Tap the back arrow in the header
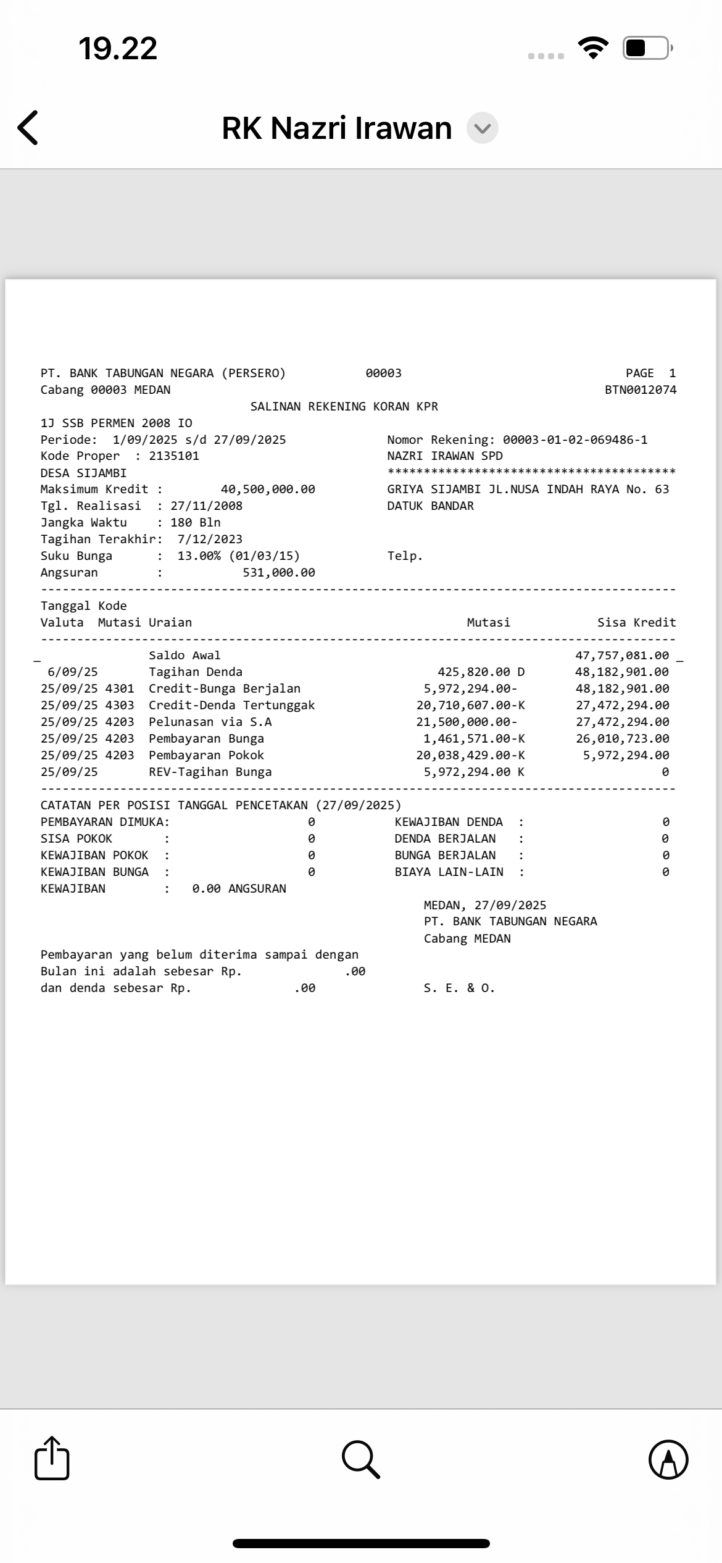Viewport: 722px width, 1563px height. [28, 128]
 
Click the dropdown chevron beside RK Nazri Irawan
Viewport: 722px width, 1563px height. [482, 128]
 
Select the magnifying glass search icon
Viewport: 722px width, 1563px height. [360, 1459]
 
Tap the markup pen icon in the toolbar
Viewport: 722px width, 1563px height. [668, 1459]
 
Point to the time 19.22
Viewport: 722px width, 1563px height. [118, 48]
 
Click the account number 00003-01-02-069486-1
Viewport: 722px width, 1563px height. [575, 440]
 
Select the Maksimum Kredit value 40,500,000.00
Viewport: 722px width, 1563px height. [268, 490]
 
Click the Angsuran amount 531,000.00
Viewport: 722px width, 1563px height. [279, 573]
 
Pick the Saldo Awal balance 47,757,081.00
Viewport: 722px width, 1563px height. [621, 656]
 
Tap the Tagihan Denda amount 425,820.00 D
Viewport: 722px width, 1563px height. [481, 672]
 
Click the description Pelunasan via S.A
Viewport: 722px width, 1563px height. [210, 722]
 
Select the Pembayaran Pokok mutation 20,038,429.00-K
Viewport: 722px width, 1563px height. [470, 756]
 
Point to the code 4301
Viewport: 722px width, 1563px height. [119, 689]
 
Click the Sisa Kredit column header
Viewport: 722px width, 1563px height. [636, 623]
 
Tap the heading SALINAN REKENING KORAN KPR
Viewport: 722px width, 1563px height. [344, 407]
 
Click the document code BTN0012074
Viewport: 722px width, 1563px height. [641, 390]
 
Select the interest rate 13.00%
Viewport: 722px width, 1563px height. [199, 556]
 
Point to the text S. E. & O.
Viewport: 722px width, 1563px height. [459, 988]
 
